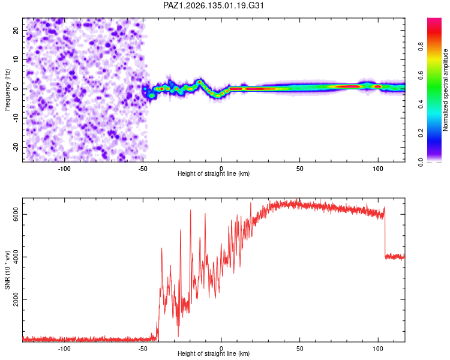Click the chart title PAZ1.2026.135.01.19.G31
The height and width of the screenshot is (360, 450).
(213, 5)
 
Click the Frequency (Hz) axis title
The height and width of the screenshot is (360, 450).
(7, 89)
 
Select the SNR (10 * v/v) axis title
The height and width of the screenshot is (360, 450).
(7, 270)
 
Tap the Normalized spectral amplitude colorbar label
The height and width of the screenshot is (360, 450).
(445, 90)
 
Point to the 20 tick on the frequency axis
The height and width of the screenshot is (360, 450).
(16, 30)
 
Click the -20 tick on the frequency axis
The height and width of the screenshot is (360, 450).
(16, 147)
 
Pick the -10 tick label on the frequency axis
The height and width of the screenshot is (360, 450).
(16, 118)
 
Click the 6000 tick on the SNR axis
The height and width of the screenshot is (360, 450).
(16, 214)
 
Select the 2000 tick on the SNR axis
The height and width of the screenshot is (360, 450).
(16, 299)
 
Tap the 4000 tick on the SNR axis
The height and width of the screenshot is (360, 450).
(16, 257)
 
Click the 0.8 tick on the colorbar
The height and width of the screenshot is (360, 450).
(421, 46)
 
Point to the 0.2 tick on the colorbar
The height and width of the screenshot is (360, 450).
(421, 133)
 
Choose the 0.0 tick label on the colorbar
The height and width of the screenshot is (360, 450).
(421, 162)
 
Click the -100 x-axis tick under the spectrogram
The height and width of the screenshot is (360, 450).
(64, 169)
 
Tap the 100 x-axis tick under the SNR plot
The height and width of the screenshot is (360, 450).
(378, 349)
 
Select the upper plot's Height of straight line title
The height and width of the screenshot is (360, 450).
(214, 173)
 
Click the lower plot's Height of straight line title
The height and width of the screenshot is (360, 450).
(214, 353)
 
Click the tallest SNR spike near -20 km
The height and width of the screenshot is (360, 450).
(190, 210)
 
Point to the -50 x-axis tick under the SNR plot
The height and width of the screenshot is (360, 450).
(143, 349)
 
